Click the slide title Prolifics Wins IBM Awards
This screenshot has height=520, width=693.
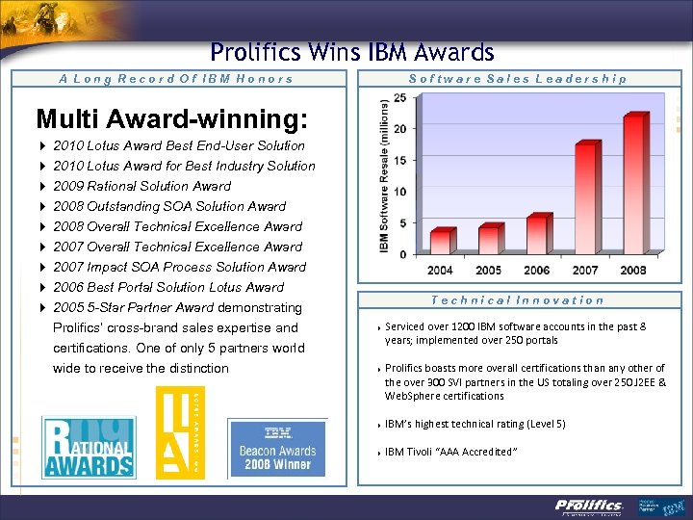pyautogui.click(x=351, y=53)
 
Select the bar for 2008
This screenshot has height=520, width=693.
pyautogui.click(x=633, y=184)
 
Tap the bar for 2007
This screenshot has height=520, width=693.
pyautogui.click(x=585, y=198)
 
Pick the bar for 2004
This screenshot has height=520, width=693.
pyautogui.click(x=440, y=241)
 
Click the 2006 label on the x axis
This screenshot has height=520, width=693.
pyautogui.click(x=536, y=271)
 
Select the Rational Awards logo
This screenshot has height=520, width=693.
pyautogui.click(x=88, y=445)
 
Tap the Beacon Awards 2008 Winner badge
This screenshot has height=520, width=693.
pyautogui.click(x=277, y=448)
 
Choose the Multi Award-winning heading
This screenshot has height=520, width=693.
pyautogui.click(x=171, y=119)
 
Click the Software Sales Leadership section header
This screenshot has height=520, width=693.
pyautogui.click(x=518, y=79)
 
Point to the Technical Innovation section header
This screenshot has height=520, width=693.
pyautogui.click(x=518, y=300)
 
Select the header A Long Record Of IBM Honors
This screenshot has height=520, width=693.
pyautogui.click(x=176, y=79)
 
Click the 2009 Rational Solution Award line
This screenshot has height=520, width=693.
pyautogui.click(x=142, y=186)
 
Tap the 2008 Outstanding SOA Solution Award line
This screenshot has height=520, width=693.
pyautogui.click(x=169, y=206)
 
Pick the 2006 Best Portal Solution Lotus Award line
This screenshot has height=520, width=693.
pyautogui.click(x=168, y=287)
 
